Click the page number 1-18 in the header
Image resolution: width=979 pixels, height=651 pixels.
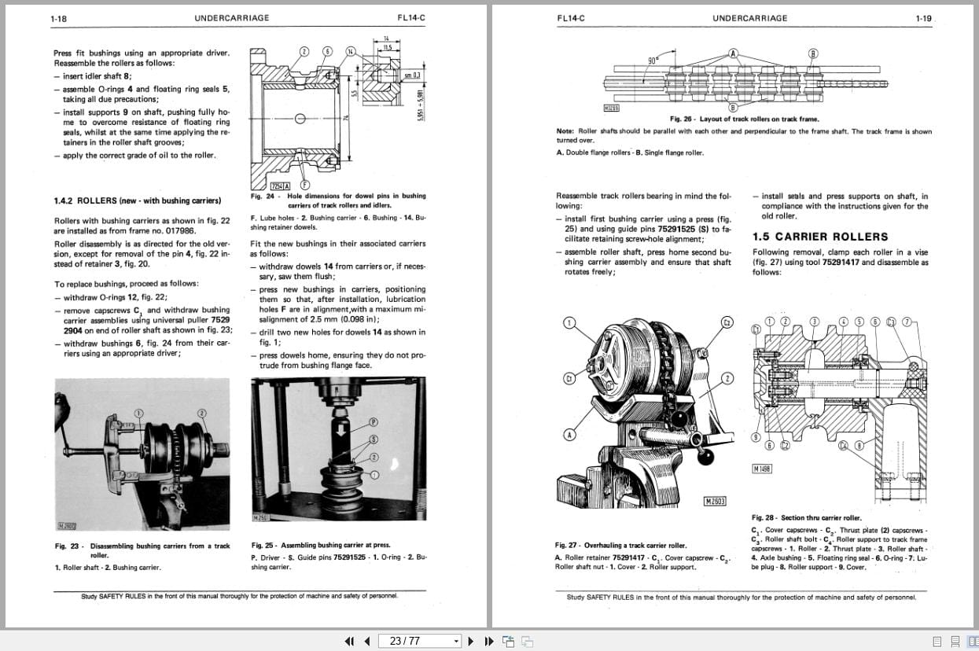[58, 18]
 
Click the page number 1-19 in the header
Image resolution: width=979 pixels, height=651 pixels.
[923, 18]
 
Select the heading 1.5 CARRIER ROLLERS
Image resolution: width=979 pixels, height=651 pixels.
[820, 237]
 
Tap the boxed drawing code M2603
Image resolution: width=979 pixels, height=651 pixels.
[715, 502]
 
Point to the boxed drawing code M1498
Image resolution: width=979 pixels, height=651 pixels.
[761, 469]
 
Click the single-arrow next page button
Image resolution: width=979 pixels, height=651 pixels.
[471, 641]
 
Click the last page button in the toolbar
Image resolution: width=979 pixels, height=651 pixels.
[488, 641]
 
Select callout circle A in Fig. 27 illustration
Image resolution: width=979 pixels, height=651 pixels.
[568, 435]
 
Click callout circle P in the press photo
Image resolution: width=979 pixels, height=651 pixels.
[374, 422]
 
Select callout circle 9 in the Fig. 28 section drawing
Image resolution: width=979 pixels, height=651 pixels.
[756, 437]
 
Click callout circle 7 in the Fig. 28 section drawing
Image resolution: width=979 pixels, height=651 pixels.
[907, 322]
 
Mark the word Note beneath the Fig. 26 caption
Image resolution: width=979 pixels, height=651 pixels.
[564, 131]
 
